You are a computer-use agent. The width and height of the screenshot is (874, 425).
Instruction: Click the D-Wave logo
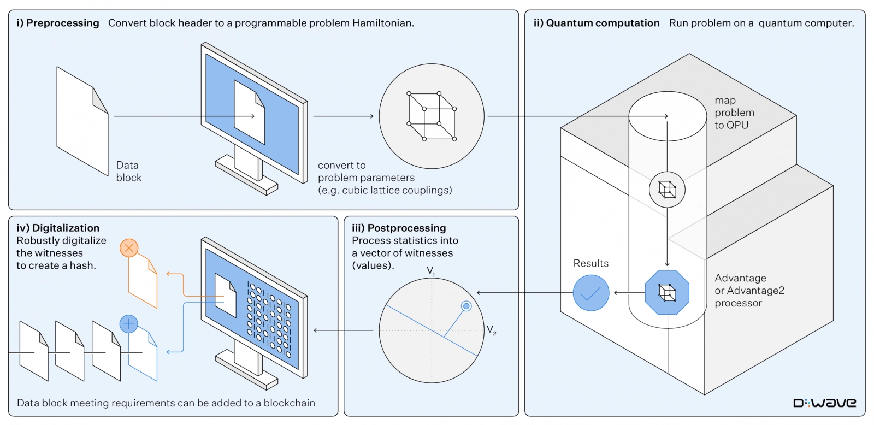[x=824, y=403]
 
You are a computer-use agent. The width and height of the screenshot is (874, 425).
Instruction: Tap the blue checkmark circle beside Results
[x=591, y=293]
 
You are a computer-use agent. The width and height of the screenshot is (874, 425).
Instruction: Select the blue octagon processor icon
[x=667, y=293]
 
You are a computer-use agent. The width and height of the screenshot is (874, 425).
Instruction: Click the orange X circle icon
[x=129, y=249]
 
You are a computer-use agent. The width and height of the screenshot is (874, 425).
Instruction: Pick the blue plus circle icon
[x=128, y=324]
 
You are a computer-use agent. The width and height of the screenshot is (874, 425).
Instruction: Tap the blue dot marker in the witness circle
[x=466, y=306]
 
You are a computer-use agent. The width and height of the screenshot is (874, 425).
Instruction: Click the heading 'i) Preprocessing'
[x=58, y=23]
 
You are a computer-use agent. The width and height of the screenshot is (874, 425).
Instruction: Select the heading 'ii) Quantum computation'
[x=597, y=23]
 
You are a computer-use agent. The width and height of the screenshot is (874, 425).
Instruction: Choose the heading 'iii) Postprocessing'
[x=399, y=228]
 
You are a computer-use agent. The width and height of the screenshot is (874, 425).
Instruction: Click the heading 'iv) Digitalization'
[x=58, y=228]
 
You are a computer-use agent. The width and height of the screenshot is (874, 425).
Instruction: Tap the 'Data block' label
[x=128, y=171]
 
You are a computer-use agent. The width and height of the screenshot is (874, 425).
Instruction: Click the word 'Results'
[x=590, y=263]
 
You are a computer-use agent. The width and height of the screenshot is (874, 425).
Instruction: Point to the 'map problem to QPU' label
[x=734, y=113]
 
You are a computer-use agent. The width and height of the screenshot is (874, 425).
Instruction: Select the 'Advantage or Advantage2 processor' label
[x=749, y=291]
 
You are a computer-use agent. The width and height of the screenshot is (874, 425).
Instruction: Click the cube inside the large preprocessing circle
[x=432, y=116]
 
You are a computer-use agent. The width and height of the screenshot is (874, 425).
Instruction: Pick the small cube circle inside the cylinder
[x=667, y=190]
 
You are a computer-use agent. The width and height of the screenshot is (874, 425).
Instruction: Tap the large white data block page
[x=82, y=121]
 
